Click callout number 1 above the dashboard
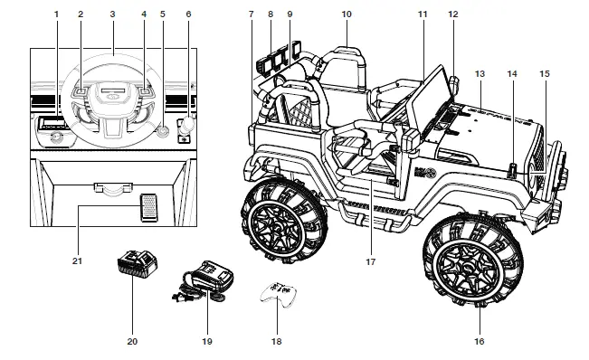click(56, 14)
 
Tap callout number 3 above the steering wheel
click(112, 14)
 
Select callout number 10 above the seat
click(347, 14)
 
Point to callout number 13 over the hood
click(480, 72)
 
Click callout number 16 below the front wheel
click(480, 341)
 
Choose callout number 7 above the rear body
click(252, 14)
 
